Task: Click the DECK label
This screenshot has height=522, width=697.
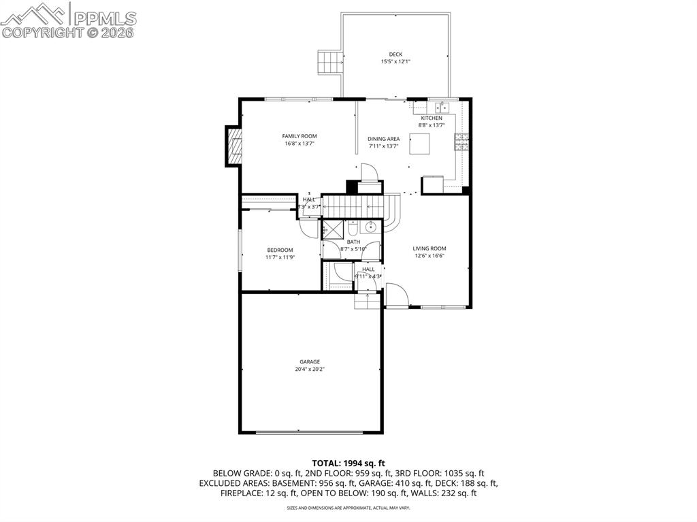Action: click(x=395, y=54)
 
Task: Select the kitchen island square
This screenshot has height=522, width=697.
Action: click(x=420, y=144)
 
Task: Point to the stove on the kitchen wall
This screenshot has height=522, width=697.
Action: click(x=462, y=141)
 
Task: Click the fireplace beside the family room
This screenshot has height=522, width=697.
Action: click(x=234, y=146)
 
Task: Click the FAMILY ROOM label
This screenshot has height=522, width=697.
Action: click(x=299, y=136)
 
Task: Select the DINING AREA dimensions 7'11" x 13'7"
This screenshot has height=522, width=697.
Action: click(x=384, y=146)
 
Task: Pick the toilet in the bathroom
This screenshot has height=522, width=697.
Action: click(x=354, y=230)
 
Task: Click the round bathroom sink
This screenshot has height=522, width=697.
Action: click(x=372, y=227)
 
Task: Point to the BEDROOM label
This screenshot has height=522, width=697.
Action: click(x=280, y=250)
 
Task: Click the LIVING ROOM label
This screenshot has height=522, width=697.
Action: click(x=429, y=248)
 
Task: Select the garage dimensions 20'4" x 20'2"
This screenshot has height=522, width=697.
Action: click(x=310, y=370)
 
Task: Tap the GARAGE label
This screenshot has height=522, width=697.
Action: click(x=310, y=361)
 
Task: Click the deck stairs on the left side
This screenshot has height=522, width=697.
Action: click(x=329, y=63)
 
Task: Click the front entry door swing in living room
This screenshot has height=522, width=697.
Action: click(x=396, y=295)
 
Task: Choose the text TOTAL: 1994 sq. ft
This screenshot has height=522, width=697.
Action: click(x=348, y=463)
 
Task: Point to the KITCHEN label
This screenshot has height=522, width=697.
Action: click(x=432, y=118)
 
